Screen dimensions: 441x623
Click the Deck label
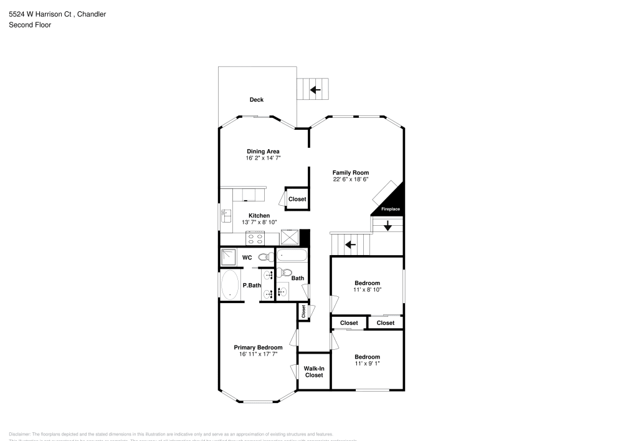pyautogui.click(x=257, y=100)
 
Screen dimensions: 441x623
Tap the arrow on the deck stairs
pyautogui.click(x=315, y=90)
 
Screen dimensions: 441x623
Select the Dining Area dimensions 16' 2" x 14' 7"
pyautogui.click(x=263, y=158)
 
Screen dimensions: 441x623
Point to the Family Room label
pyautogui.click(x=351, y=173)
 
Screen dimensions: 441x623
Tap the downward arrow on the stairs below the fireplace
pyautogui.click(x=388, y=226)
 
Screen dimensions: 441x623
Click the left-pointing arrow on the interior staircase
pyautogui.click(x=350, y=244)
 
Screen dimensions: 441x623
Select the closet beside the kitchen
pyautogui.click(x=297, y=199)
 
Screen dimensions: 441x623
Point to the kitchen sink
pyautogui.click(x=226, y=216)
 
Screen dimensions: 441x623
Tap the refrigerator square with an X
pyautogui.click(x=290, y=238)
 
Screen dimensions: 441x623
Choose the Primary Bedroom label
pyautogui.click(x=258, y=347)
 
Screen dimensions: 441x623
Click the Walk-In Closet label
pyautogui.click(x=313, y=372)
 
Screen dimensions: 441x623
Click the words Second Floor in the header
pyautogui.click(x=30, y=25)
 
